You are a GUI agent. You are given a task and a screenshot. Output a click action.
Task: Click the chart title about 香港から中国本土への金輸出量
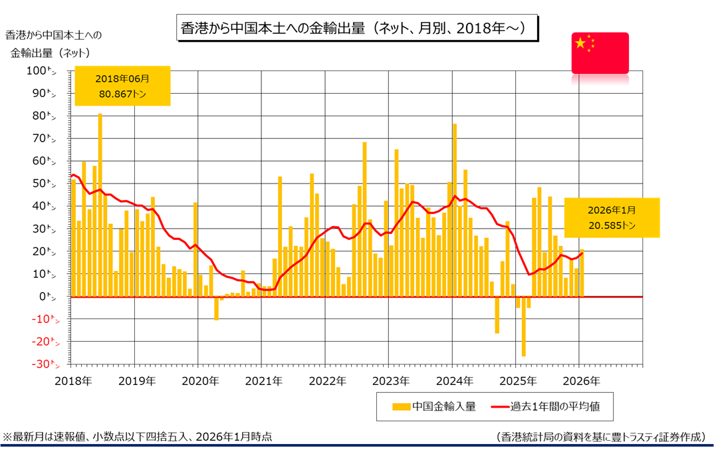[356, 29]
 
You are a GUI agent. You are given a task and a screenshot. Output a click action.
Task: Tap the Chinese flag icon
[600, 52]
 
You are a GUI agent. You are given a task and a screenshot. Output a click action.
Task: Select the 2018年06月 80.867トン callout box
[123, 86]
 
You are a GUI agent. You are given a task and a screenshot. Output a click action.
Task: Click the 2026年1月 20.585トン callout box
[612, 217]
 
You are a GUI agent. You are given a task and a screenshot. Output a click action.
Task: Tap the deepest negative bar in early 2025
[523, 326]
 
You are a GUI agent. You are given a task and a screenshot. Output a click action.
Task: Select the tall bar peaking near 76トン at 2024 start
[455, 210]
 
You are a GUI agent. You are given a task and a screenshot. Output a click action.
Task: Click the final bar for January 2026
[582, 273]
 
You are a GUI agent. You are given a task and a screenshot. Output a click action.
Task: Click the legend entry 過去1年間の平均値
[544, 406]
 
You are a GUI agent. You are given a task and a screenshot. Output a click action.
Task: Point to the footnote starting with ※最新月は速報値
[138, 436]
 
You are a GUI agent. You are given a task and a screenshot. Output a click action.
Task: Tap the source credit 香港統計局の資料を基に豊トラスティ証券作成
[600, 436]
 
